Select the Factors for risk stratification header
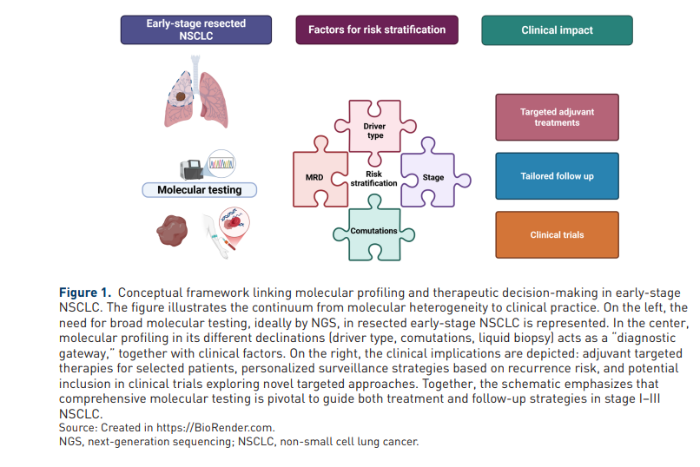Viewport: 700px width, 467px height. click(x=376, y=30)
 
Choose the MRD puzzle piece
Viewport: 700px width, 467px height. click(x=314, y=178)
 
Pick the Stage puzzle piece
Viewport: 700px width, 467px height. click(x=432, y=178)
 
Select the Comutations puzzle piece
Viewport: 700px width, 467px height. click(x=374, y=231)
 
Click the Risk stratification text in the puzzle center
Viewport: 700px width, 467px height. click(x=373, y=178)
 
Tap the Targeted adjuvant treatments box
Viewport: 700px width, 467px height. click(x=557, y=117)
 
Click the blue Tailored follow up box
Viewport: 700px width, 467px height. click(x=557, y=176)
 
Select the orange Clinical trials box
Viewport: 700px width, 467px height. click(x=557, y=235)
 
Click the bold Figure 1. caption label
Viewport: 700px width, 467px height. click(x=85, y=293)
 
